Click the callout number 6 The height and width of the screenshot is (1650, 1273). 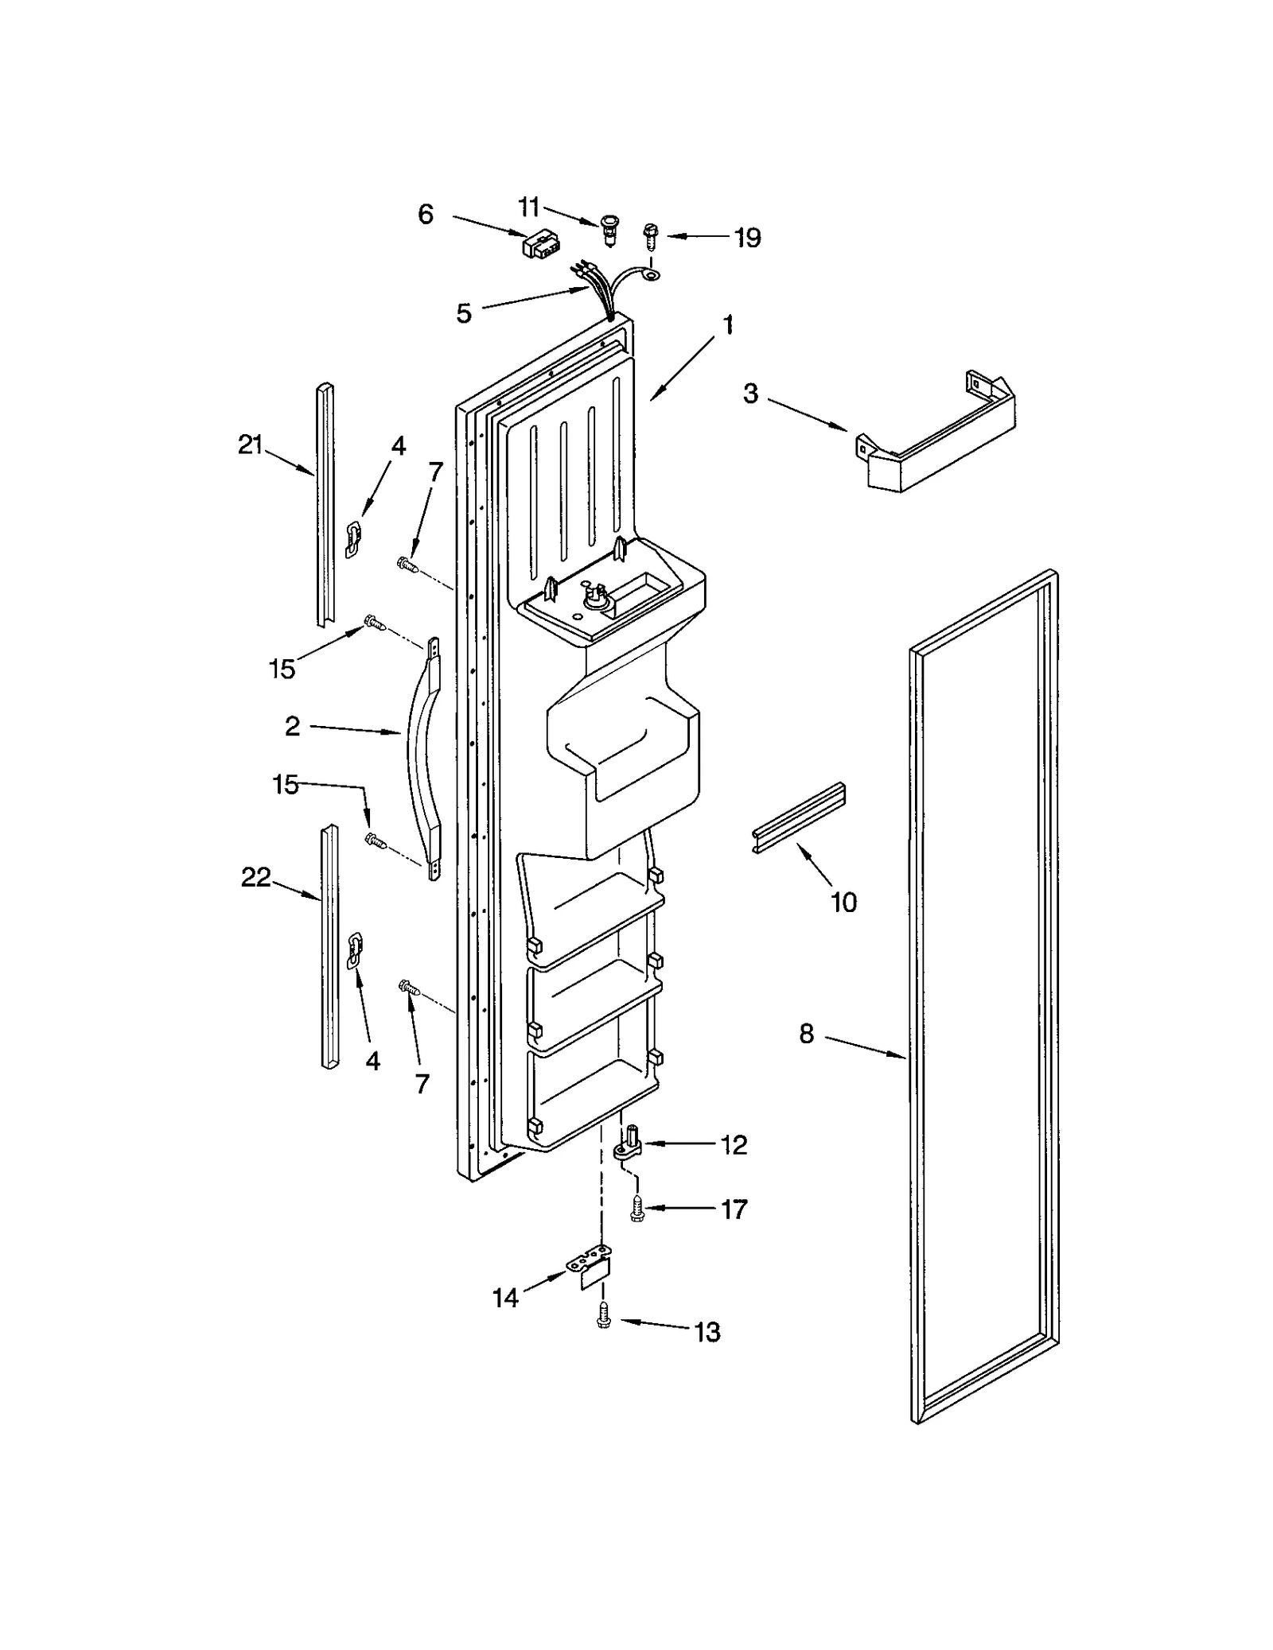(x=426, y=214)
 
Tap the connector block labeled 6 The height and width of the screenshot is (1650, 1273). (x=539, y=243)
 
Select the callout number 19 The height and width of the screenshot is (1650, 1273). (x=746, y=238)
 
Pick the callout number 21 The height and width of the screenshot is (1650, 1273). (x=251, y=445)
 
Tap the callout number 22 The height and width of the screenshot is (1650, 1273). (x=256, y=878)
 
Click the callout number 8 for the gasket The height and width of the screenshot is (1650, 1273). (x=807, y=1034)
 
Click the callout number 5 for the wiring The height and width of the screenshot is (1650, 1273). (x=464, y=313)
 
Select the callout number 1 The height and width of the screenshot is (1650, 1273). (x=727, y=324)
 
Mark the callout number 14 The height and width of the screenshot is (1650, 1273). (x=505, y=1299)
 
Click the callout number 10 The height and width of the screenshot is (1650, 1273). (x=843, y=902)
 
